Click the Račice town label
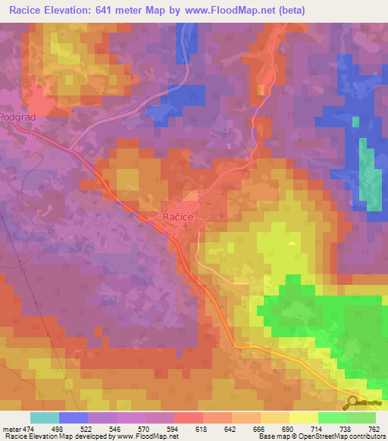179,217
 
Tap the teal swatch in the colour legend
45,418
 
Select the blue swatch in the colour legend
74,418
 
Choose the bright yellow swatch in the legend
304,418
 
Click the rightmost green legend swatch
361,418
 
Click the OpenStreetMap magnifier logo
352,402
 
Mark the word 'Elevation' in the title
76,10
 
